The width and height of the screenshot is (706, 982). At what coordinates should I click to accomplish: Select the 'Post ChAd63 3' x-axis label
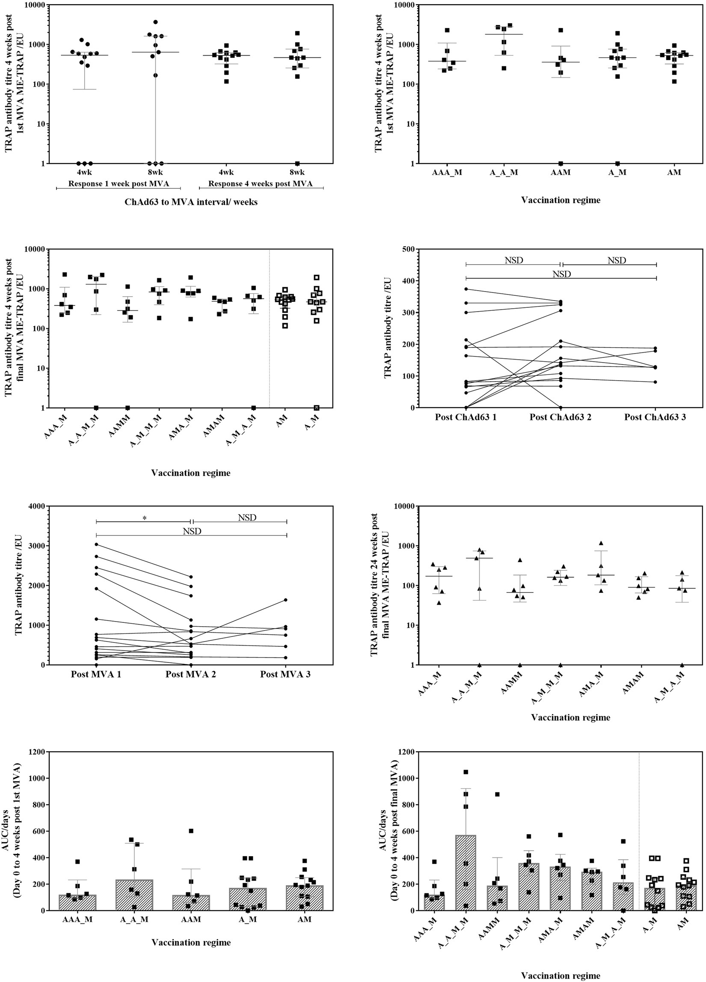(x=655, y=417)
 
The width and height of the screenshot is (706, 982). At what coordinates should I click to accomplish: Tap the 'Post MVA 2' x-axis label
(x=190, y=674)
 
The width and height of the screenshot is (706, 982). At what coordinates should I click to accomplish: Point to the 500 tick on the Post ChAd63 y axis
(x=409, y=249)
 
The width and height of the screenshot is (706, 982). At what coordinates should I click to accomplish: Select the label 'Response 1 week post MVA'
(x=118, y=184)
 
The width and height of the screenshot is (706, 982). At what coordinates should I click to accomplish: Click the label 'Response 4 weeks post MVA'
(x=260, y=184)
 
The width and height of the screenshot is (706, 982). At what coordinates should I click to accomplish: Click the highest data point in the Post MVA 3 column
(x=286, y=600)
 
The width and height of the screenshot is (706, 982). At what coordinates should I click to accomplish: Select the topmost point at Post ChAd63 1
(x=466, y=289)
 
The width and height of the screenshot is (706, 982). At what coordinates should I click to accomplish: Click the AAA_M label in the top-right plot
(x=447, y=173)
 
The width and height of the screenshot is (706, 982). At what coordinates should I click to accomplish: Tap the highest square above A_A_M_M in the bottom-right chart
(x=466, y=772)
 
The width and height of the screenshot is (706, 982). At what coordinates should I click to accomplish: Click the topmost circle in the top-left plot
(x=155, y=22)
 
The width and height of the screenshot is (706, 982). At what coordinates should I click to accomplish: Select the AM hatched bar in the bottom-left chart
(x=305, y=899)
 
